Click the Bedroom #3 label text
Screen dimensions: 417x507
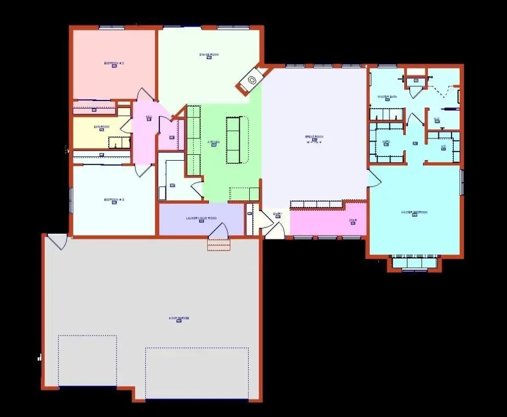114,64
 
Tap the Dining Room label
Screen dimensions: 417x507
209,54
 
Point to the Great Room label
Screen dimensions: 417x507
314,137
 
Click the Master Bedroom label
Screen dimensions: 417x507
414,212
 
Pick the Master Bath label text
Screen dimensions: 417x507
387,97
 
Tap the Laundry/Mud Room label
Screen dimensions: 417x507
201,218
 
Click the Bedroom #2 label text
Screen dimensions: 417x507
114,200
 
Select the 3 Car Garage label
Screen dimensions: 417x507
179,318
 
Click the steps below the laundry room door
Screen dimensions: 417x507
219,245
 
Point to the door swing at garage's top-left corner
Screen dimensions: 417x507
57,240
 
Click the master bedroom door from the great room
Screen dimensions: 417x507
374,179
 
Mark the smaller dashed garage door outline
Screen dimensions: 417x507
88,361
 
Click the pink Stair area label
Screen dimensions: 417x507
353,220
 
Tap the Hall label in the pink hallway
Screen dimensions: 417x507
149,117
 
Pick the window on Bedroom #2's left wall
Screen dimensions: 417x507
70,200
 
